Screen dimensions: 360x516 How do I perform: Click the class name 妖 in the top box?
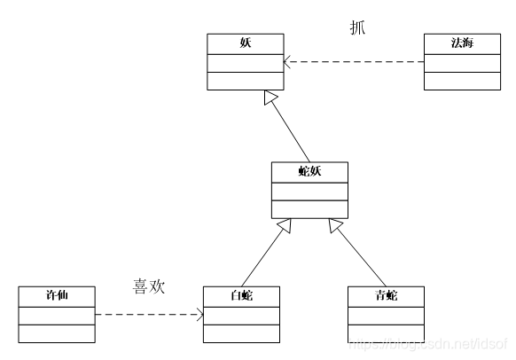tap(244, 43)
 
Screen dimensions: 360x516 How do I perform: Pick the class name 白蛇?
tap(241, 295)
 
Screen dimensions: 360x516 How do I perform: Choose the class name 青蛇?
tap(386, 295)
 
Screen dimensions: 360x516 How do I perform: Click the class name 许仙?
tap(57, 295)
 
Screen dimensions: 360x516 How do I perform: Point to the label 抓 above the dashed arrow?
tap(357, 27)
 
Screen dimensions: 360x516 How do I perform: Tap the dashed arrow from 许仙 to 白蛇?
tap(146, 315)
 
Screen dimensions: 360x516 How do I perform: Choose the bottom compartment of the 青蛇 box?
tap(386, 333)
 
